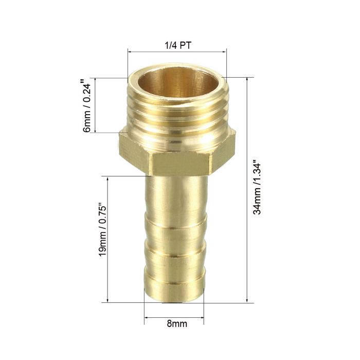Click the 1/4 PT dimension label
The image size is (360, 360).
176,45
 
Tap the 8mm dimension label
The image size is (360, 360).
176,324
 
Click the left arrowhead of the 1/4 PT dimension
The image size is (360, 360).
130,51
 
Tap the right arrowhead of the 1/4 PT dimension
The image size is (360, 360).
224,51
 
